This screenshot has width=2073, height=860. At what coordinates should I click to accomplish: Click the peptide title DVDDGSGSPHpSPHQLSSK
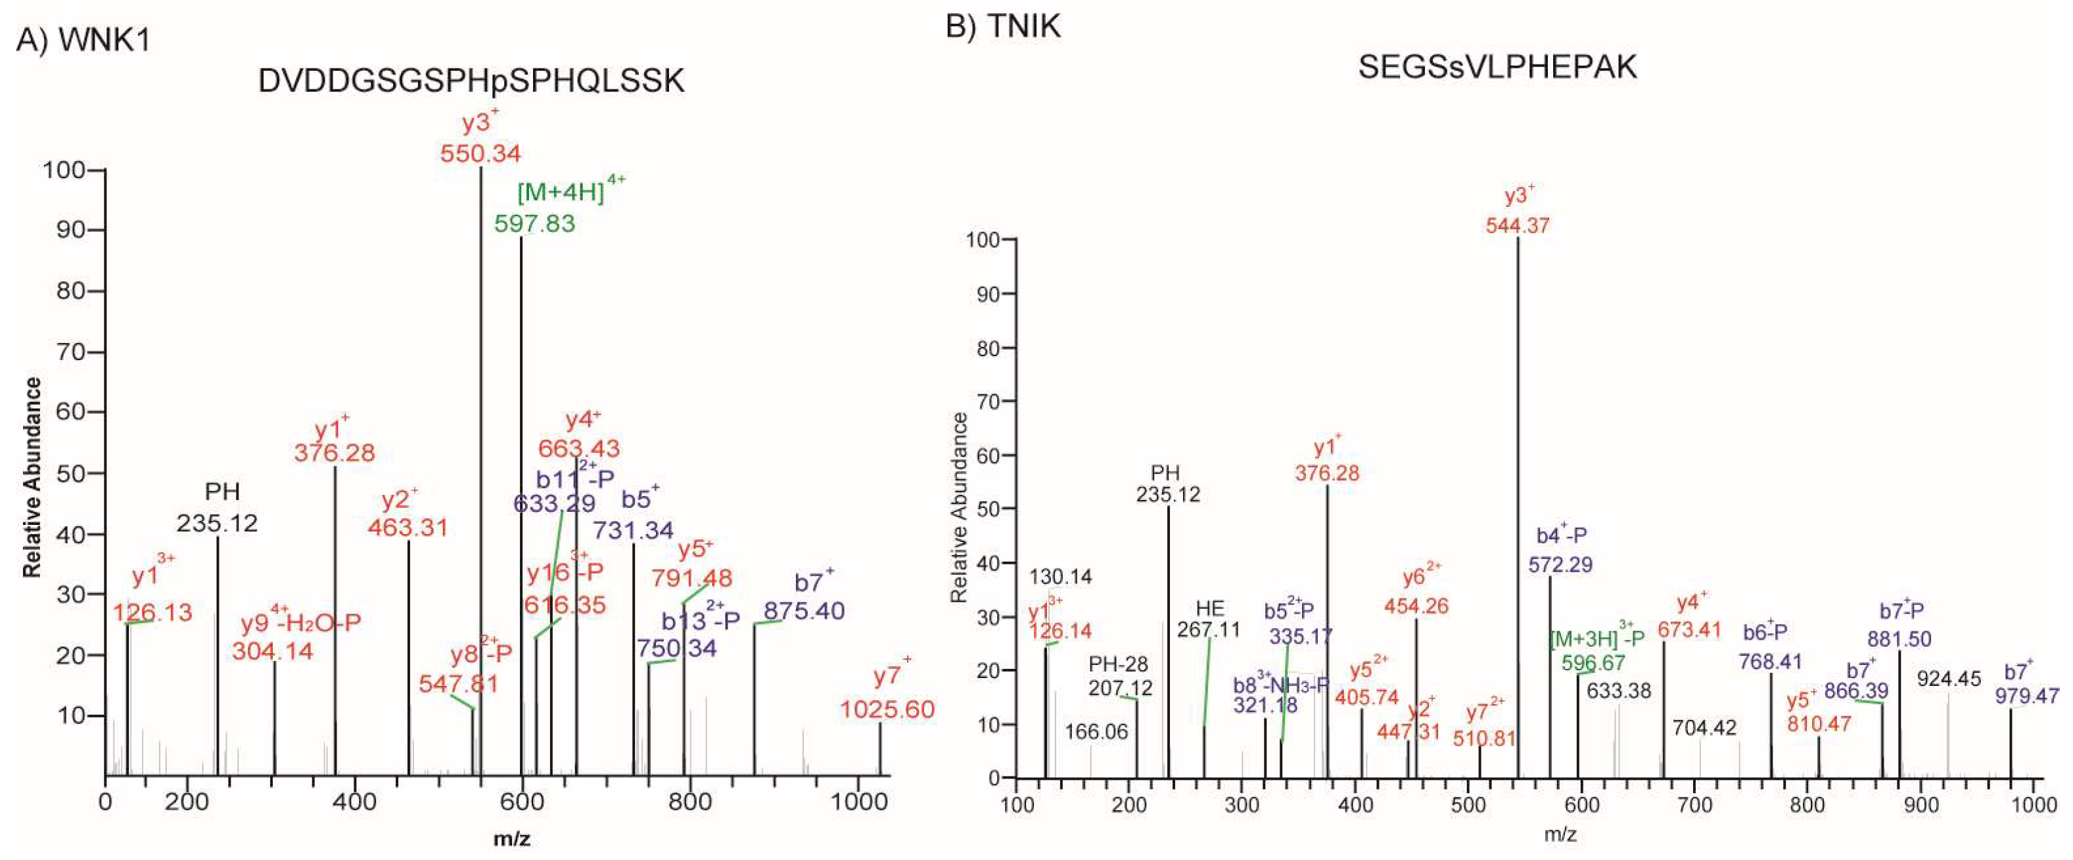coord(471,81)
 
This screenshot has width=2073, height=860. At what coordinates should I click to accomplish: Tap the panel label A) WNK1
coord(83,39)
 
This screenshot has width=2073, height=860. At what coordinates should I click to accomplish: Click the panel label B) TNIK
coord(1003,26)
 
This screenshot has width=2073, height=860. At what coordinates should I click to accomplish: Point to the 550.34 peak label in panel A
coord(480,153)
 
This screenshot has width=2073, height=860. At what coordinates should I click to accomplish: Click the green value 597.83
coord(534,223)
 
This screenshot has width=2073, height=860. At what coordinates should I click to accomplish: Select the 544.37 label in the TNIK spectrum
coord(1517,225)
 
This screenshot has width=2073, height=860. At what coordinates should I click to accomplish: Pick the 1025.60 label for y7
coord(887,709)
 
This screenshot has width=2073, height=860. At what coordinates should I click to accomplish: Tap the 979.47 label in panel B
coord(2026,695)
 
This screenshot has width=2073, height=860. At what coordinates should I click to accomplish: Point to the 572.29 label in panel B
coord(1560,565)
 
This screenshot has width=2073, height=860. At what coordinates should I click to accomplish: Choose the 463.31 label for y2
coord(408,528)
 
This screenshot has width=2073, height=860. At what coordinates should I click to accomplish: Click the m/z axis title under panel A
coord(512,839)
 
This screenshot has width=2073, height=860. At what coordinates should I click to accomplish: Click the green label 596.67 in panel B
coord(1593,663)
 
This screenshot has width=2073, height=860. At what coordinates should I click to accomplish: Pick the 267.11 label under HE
coord(1208,629)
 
